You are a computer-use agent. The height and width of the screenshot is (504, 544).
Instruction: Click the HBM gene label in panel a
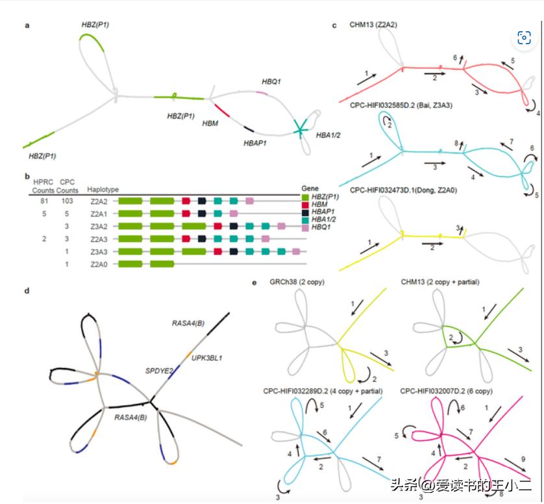[210, 124]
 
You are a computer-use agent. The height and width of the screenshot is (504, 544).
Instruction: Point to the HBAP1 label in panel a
[255, 143]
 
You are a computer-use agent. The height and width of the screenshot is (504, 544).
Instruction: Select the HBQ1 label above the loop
[271, 81]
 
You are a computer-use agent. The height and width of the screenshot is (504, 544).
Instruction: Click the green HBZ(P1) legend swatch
[306, 196]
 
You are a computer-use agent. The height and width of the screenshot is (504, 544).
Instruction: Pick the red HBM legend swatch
[306, 204]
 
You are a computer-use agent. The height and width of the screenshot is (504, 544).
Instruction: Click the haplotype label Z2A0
[97, 263]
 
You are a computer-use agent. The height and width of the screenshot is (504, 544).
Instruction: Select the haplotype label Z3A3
[97, 251]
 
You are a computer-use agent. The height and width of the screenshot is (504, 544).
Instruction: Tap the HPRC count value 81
[43, 202]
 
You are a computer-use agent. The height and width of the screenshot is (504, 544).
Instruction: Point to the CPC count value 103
[67, 202]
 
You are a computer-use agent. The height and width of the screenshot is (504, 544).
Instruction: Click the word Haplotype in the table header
[103, 189]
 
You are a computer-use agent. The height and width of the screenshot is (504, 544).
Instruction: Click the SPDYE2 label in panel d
[158, 371]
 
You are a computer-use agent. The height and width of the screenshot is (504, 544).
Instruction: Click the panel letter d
[26, 291]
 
